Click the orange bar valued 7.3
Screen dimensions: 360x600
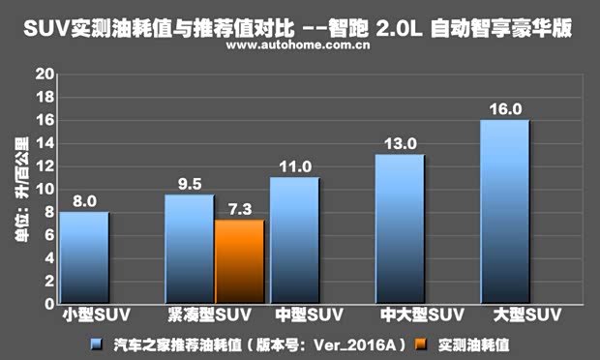tap(239, 261)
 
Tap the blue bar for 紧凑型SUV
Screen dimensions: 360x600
tap(189, 249)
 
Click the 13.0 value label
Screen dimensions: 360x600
tap(400, 143)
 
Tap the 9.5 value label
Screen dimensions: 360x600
tap(189, 183)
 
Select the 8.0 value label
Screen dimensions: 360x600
tap(84, 201)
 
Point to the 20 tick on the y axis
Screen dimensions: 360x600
tap(43, 74)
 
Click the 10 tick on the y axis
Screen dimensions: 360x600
tap(43, 189)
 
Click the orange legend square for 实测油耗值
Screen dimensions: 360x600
tap(420, 344)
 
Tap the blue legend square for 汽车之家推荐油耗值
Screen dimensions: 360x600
tap(96, 344)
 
